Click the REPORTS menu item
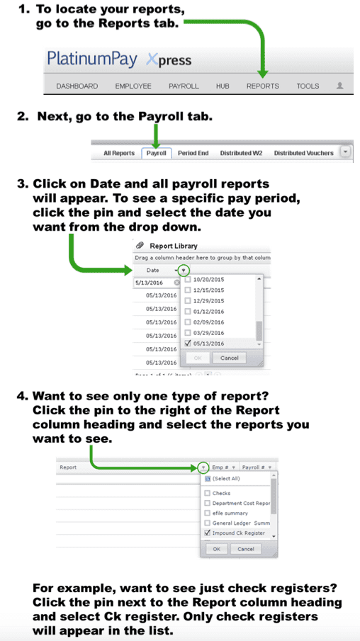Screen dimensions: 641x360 (262, 86)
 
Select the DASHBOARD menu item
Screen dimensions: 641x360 (77, 86)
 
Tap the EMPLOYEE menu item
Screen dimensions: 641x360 (133, 86)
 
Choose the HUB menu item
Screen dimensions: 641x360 (223, 86)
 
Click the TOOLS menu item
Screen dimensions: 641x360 (308, 86)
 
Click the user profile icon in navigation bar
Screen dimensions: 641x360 (340, 86)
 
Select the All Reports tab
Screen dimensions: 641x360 (119, 153)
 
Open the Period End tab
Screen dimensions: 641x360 (193, 153)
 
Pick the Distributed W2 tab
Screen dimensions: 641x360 (241, 153)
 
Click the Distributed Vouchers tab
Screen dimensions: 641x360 (303, 153)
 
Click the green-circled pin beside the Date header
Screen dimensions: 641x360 (184, 270)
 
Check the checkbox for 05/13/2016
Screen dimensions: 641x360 (188, 344)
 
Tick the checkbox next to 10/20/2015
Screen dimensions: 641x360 (188, 280)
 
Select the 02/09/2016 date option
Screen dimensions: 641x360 (188, 322)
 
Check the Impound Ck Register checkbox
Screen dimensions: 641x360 (206, 533)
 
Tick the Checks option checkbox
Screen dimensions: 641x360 (206, 493)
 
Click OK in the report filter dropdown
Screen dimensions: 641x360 (216, 549)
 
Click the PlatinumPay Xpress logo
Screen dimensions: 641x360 (119, 59)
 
